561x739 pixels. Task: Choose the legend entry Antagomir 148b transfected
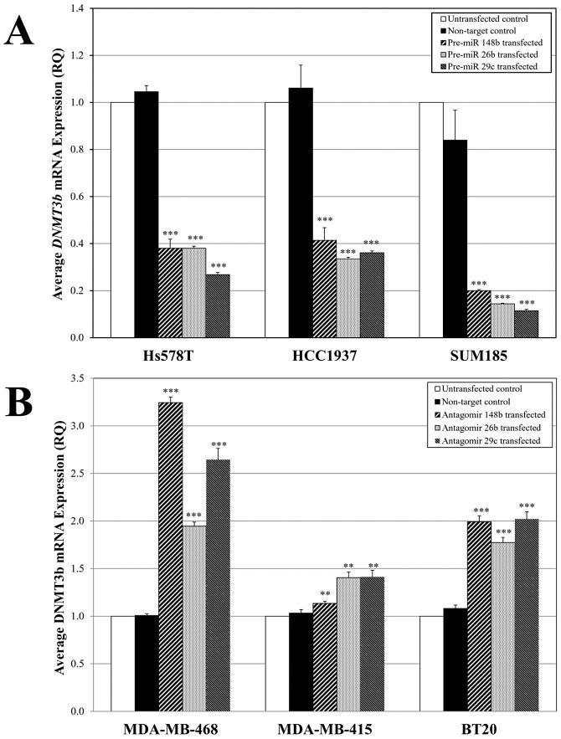[495, 417]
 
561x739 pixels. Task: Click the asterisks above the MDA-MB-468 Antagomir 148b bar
[170, 391]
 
